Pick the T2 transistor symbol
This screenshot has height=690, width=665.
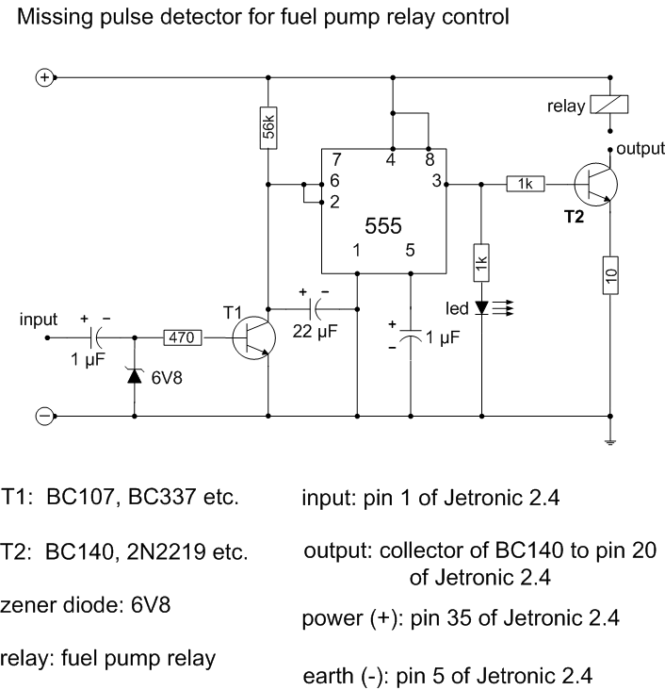pos(595,184)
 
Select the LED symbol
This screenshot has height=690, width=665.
pos(482,307)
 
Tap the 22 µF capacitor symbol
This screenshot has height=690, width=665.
pos(315,307)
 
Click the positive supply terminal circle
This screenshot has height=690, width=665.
pos(43,77)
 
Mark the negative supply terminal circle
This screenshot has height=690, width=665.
pos(43,415)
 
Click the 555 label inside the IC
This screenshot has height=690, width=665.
pos(383,225)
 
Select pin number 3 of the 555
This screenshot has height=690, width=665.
pos(437,183)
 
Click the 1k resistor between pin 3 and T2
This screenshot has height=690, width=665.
pos(523,184)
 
